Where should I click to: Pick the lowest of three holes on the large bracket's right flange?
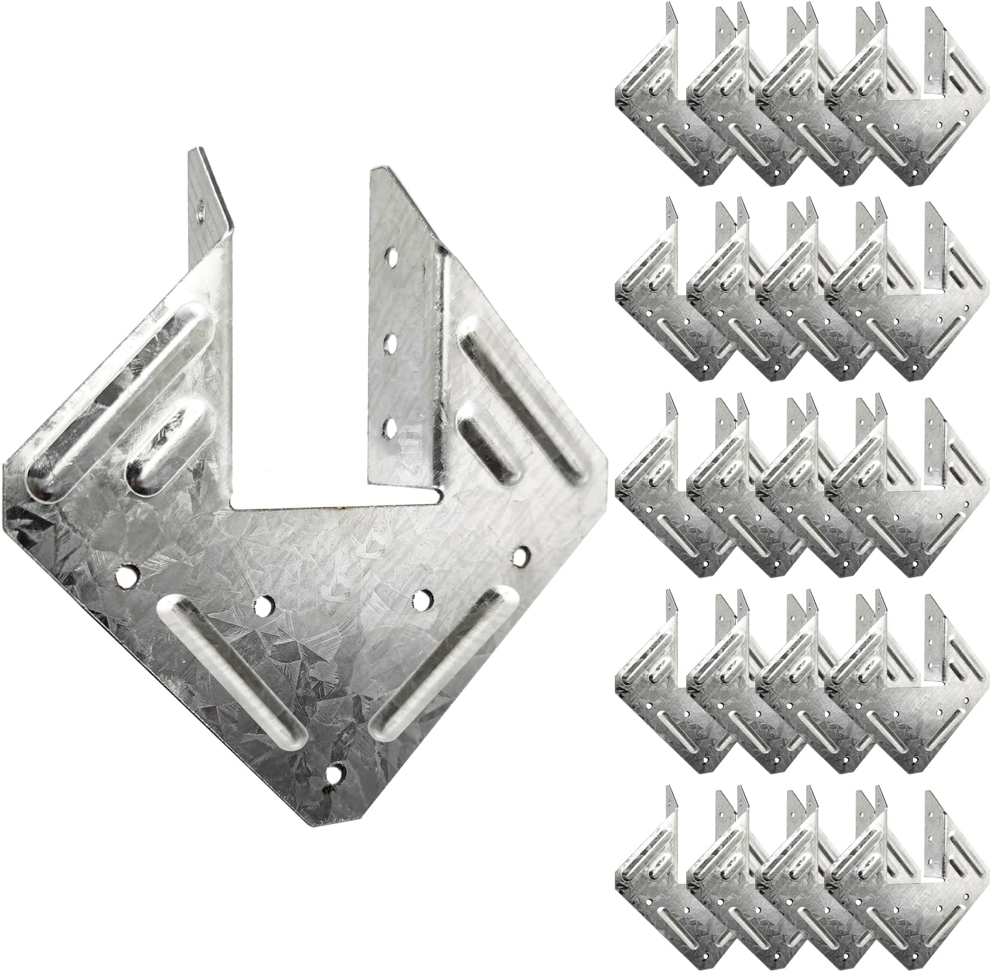(391, 428)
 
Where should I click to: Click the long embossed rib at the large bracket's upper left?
(120, 402)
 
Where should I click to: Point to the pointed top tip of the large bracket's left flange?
(191, 148)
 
